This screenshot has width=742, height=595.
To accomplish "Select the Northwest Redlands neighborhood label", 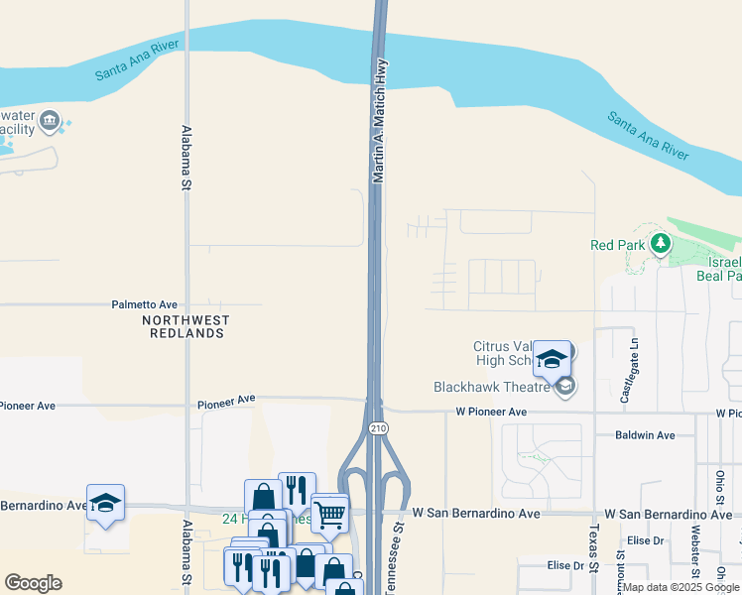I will click(185, 327).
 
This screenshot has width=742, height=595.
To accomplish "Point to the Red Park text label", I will click(616, 245).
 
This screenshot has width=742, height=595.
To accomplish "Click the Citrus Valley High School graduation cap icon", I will click(553, 359).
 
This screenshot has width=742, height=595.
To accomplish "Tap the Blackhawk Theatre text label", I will click(492, 387).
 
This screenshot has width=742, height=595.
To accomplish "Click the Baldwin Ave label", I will click(645, 435).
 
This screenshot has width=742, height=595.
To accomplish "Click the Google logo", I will click(33, 582).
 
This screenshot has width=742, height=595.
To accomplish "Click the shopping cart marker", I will click(330, 513).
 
